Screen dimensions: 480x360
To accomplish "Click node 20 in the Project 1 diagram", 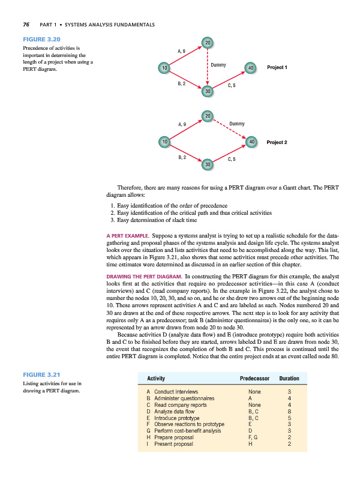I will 207,43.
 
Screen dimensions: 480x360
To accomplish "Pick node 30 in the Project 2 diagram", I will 207,164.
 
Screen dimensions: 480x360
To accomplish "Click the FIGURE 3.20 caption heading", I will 37,40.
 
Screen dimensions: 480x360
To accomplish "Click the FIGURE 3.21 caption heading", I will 37,375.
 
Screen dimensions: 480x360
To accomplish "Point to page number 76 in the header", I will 26,25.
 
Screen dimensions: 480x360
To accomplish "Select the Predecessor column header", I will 255,379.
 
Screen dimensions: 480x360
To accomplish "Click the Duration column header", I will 289,379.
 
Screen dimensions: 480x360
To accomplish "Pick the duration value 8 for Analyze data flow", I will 289,412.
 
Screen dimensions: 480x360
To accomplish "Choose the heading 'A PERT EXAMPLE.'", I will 128,236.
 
